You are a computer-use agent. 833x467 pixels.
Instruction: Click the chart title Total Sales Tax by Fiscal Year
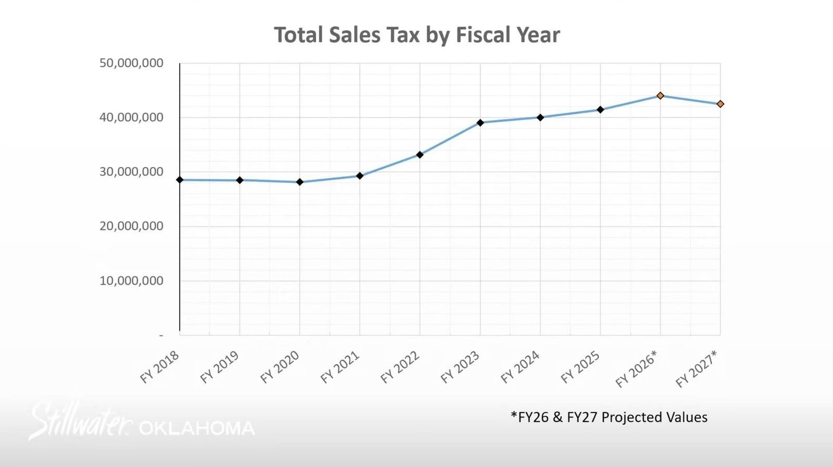(x=416, y=35)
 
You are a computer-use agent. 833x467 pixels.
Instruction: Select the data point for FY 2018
(x=180, y=180)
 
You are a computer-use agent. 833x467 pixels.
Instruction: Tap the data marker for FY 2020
(x=299, y=182)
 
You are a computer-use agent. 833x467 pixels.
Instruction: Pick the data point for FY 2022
(x=420, y=155)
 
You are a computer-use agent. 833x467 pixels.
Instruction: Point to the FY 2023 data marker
(x=480, y=123)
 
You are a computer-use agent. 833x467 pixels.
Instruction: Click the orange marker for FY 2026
(x=660, y=96)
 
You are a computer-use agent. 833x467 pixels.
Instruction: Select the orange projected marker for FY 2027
(x=720, y=104)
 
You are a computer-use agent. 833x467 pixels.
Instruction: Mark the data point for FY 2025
(x=600, y=110)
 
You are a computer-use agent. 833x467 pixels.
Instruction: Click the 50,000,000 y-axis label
(x=131, y=63)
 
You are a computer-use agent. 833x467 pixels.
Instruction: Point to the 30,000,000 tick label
(x=131, y=171)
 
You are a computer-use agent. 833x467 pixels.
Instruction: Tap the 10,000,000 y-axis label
(x=131, y=281)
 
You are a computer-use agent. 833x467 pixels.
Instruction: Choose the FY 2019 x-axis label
(x=219, y=367)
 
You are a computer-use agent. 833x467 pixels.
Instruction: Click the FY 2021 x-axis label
(x=339, y=367)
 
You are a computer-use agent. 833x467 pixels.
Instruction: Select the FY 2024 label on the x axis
(x=520, y=367)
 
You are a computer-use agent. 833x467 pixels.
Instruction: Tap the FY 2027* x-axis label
(x=696, y=369)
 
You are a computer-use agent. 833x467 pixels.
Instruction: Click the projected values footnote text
(x=609, y=417)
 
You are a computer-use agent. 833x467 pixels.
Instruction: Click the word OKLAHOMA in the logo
(x=197, y=428)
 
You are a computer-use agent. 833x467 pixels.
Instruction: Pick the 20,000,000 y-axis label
(x=131, y=226)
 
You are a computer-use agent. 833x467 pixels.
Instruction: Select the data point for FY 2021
(x=360, y=176)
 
